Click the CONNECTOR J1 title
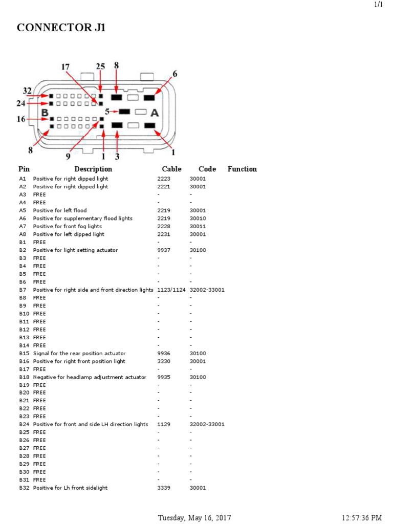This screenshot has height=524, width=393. [61, 28]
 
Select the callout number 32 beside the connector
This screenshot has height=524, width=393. [28, 91]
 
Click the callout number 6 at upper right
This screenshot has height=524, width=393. [175, 74]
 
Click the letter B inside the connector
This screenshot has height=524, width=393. [45, 112]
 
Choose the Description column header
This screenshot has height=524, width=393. [93, 169]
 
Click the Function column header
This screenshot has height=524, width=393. [242, 169]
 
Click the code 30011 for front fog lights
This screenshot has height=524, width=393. [198, 226]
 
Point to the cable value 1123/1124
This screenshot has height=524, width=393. [171, 290]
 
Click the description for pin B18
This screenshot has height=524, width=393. [90, 377]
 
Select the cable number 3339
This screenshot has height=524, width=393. [164, 488]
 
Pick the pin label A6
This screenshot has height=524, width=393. [23, 219]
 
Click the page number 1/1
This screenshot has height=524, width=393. [379, 5]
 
